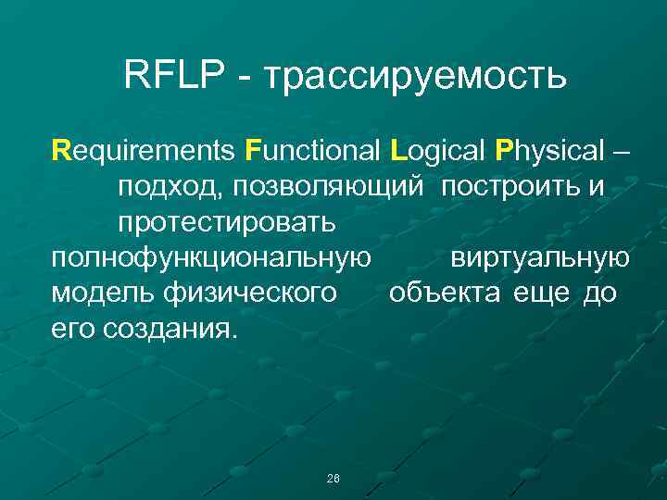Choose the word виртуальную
click(x=540, y=258)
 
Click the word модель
click(x=103, y=294)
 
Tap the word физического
click(x=249, y=294)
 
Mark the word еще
click(x=546, y=294)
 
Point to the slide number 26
click(x=333, y=478)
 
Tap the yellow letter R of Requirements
click(x=61, y=148)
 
